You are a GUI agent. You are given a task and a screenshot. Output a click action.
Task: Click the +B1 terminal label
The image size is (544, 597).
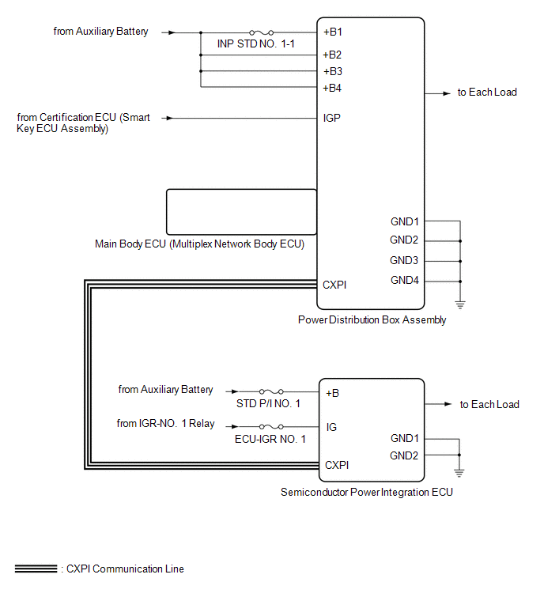(x=332, y=32)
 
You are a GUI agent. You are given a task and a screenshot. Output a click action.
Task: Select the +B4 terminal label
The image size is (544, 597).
(x=332, y=89)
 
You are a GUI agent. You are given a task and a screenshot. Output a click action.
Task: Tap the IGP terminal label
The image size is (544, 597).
(x=331, y=118)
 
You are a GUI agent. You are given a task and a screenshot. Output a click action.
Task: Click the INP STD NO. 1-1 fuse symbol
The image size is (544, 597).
(x=261, y=32)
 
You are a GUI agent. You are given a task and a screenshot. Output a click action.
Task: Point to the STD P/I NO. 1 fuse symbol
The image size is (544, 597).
(x=271, y=391)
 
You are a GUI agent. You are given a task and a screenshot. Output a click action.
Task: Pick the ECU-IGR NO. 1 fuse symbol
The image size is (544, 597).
(x=271, y=426)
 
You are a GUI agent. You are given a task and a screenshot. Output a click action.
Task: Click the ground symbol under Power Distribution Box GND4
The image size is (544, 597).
(x=460, y=304)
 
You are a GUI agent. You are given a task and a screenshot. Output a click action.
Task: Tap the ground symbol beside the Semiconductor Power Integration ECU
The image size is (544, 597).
(x=459, y=474)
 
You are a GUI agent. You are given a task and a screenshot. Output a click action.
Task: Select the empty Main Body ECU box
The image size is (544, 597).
(x=241, y=212)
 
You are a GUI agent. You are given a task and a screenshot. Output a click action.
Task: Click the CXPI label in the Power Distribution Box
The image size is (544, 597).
(x=334, y=285)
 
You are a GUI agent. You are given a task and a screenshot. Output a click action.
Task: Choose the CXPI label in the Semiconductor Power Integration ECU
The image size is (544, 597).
(x=337, y=465)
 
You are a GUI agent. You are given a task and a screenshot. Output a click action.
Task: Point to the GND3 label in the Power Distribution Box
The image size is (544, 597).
(x=404, y=260)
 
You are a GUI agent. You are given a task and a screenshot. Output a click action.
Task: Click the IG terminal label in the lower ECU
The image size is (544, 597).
(x=331, y=427)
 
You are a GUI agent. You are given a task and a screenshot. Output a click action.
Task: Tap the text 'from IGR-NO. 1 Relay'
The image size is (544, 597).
(x=165, y=423)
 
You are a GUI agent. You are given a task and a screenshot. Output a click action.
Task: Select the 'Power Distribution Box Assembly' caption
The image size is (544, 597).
(x=372, y=319)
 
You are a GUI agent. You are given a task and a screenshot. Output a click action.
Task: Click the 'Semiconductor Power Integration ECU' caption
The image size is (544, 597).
(x=367, y=493)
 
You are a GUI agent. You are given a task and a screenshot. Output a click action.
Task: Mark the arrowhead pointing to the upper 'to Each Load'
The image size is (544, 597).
(x=447, y=93)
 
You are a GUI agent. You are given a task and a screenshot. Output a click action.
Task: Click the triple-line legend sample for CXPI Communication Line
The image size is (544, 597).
(x=36, y=569)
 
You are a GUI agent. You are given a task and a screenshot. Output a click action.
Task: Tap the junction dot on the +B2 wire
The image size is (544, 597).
(x=201, y=55)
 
